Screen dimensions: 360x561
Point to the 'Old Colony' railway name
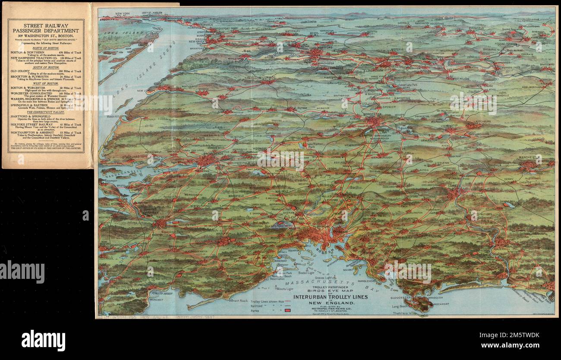coord(20,70)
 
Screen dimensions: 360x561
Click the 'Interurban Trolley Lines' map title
coord(331,297)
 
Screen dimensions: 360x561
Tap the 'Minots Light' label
coord(285,288)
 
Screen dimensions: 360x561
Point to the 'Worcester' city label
coord(372,115)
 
